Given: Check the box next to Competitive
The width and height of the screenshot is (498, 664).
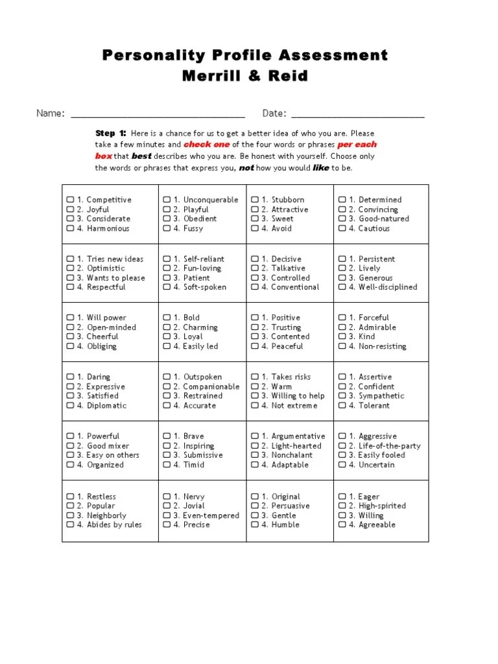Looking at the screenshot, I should click(70, 200).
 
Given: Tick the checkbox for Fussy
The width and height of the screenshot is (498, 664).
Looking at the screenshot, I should click(167, 229).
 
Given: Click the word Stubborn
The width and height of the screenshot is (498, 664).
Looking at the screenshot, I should click(287, 200).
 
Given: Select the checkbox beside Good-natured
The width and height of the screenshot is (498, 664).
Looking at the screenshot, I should click(342, 219).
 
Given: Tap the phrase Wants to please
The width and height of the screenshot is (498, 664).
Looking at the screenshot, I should click(115, 278).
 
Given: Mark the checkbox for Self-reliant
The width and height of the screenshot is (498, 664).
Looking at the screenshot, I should click(167, 259).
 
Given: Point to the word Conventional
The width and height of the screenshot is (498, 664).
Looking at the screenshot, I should click(295, 287).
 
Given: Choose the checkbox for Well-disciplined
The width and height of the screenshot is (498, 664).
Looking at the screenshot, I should click(342, 287).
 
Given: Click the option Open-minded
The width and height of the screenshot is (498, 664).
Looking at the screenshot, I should click(111, 327).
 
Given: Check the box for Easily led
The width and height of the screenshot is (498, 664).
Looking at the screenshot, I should click(167, 347).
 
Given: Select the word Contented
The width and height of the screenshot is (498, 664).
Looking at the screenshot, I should click(290, 337).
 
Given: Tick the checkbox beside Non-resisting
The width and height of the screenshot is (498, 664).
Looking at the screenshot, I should click(342, 347).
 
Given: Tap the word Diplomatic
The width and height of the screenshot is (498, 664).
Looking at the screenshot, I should click(106, 406).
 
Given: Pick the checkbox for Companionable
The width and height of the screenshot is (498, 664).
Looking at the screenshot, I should click(167, 387).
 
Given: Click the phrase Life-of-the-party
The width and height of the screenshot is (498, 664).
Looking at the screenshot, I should click(389, 446).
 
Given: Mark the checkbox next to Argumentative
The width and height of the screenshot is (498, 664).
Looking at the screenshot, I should click(255, 436).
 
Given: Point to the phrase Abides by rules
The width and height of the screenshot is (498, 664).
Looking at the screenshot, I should click(114, 525).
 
